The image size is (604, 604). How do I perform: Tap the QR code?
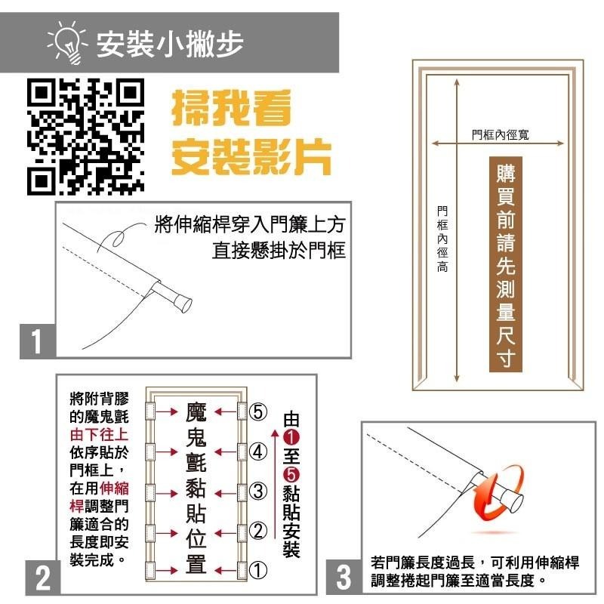85,134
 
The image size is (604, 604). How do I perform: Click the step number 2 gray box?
42,578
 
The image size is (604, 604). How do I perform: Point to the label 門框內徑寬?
501,134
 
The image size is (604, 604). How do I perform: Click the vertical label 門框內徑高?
442,239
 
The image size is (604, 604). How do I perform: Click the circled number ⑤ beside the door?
258,412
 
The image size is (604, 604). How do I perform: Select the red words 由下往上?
100,435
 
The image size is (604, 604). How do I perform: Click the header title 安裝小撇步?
170,44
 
